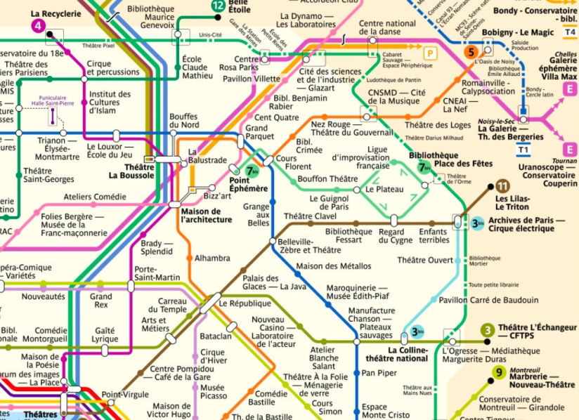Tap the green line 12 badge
coord(219,6)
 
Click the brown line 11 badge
coord(502,186)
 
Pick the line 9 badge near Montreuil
coord(499,373)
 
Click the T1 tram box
coord(523,149)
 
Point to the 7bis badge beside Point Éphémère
coord(252,171)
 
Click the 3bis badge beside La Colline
coord(418,332)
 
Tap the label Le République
coord(245,303)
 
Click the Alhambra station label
coord(212,258)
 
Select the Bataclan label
coord(216,336)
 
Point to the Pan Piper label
coord(379,373)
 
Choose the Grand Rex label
coord(100,301)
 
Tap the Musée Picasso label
coord(212,392)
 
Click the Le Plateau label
coord(384,189)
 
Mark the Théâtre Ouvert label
coord(425,261)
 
